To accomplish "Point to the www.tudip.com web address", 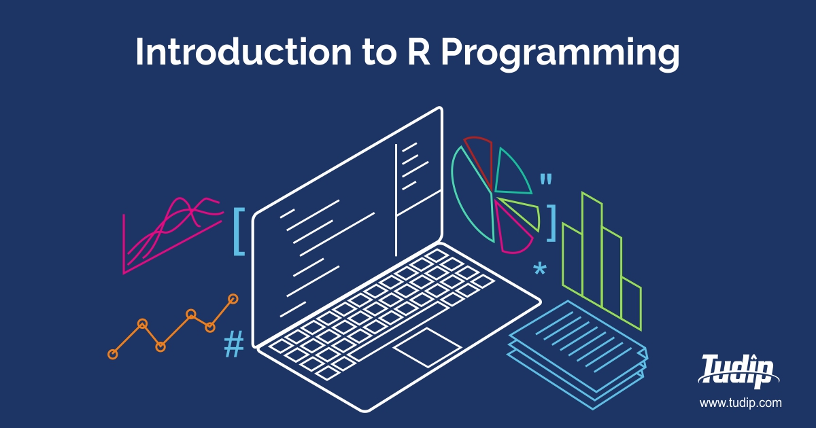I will (x=741, y=403).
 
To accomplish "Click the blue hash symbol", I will (x=234, y=344).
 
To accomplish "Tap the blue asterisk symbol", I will (x=539, y=270).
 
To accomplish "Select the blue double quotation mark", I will (x=545, y=180).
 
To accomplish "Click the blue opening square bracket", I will (x=238, y=231).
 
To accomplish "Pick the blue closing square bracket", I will (x=551, y=221).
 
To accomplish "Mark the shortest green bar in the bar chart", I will (x=632, y=302).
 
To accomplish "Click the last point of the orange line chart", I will (x=233, y=298).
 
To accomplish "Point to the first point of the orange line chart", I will (x=113, y=354).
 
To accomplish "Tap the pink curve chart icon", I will (x=170, y=234).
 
